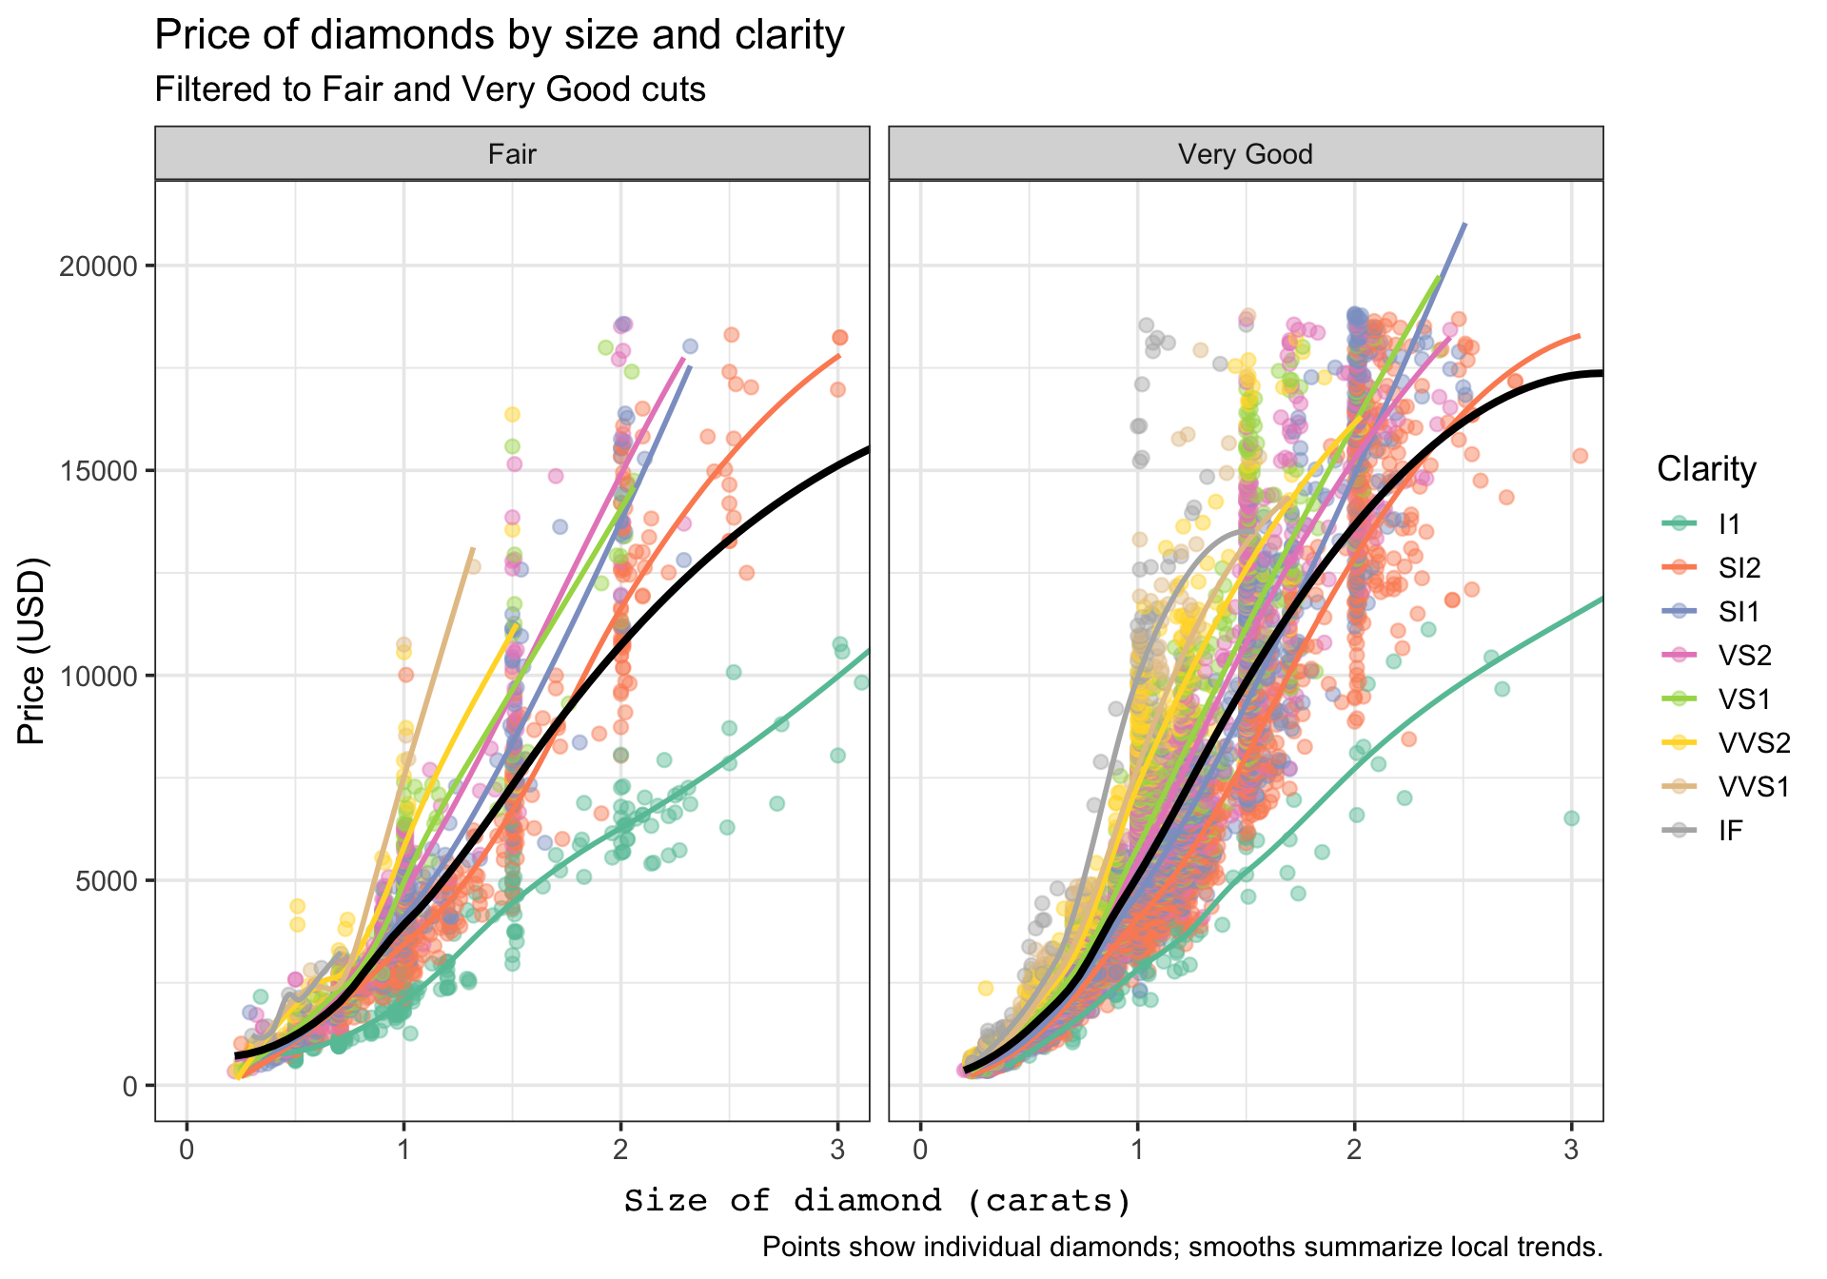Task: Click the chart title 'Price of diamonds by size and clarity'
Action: click(x=499, y=36)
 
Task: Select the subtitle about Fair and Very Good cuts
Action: click(x=429, y=89)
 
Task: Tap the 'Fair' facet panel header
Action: click(x=512, y=154)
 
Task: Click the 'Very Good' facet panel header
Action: click(x=1245, y=154)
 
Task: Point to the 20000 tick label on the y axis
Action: click(x=98, y=266)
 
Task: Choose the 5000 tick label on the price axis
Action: click(x=105, y=880)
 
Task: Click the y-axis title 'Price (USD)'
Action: click(x=31, y=651)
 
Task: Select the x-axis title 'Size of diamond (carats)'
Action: click(x=877, y=1201)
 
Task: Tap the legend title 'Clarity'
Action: click(x=1706, y=469)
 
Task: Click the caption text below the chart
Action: click(x=1182, y=1247)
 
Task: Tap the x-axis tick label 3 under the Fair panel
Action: click(x=837, y=1151)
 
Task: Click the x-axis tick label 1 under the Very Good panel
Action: click(x=1137, y=1151)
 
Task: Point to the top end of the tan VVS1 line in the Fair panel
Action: click(x=472, y=549)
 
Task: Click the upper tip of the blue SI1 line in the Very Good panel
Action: click(x=1465, y=225)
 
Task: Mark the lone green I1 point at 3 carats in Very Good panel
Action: click(x=1571, y=818)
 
